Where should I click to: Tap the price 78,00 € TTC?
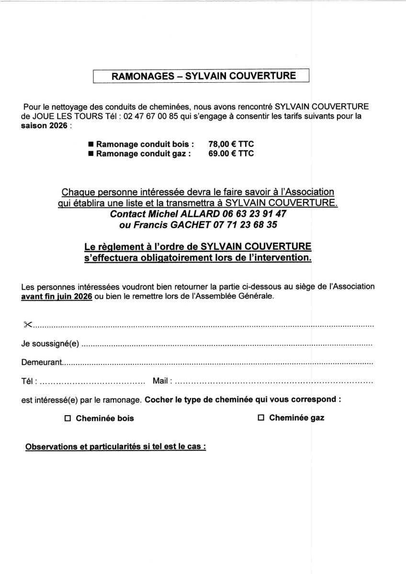pyautogui.click(x=231, y=144)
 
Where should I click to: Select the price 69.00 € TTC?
pyautogui.click(x=231, y=154)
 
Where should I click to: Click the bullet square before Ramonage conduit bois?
pyautogui.click(x=91, y=144)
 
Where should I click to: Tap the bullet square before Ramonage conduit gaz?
pyautogui.click(x=91, y=154)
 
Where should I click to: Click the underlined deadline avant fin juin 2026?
pyautogui.click(x=56, y=296)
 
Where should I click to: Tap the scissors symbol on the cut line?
pyautogui.click(x=27, y=325)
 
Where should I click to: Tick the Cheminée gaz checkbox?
pyautogui.click(x=261, y=418)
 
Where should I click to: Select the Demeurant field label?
pyautogui.click(x=41, y=363)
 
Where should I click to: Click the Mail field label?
pyautogui.click(x=160, y=381)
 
